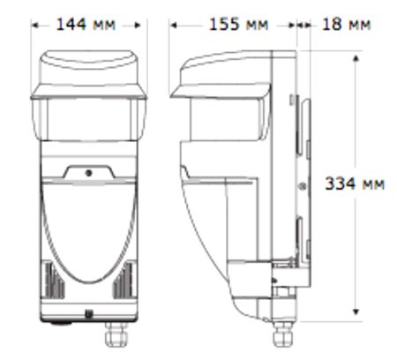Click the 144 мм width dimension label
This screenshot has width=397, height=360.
88,25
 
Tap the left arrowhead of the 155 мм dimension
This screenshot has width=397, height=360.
174,26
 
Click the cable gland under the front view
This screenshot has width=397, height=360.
112,337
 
